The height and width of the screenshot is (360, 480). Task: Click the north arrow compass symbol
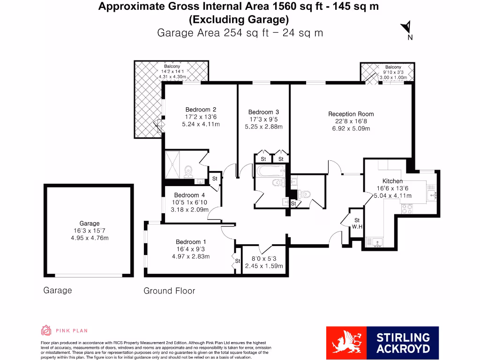pos(407,28)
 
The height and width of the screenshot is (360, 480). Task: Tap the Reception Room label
pos(351,114)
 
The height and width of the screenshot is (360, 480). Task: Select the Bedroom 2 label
pos(201,110)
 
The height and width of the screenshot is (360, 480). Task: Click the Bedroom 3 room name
pos(263,112)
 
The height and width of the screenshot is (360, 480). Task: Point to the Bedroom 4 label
pos(189,195)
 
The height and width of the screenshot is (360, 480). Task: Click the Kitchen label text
pos(392,181)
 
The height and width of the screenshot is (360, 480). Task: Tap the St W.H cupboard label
pos(357,223)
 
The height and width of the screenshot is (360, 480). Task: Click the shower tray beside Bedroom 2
pos(172,165)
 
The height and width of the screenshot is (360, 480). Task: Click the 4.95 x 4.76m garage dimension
pos(89,238)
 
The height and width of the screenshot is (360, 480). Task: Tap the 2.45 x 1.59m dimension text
pos(264,266)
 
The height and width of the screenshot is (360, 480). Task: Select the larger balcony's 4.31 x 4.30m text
pos(172,76)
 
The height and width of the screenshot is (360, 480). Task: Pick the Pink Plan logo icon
pos(46,330)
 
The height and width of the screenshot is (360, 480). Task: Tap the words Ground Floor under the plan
pos(169,291)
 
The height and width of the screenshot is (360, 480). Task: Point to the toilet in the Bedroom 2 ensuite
pos(188,172)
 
